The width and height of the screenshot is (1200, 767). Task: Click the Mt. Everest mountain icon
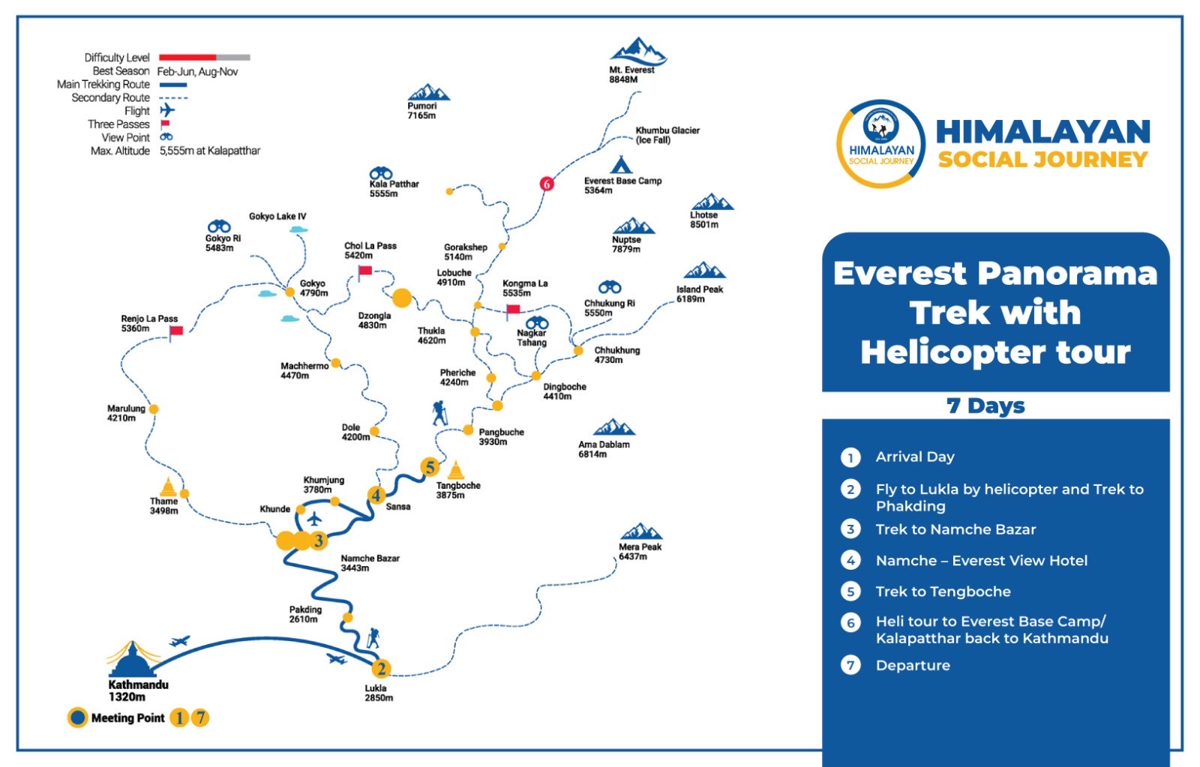(x=637, y=51)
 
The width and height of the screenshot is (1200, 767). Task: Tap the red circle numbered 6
(x=547, y=184)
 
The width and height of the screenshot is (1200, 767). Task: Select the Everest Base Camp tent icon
(x=621, y=165)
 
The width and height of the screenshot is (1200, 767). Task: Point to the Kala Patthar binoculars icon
(x=381, y=173)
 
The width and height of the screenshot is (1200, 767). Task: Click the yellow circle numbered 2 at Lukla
(x=381, y=669)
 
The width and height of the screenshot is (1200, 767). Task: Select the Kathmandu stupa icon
(x=133, y=659)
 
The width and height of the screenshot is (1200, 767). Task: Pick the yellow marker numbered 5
(x=430, y=467)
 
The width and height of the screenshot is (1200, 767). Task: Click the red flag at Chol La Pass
(x=364, y=271)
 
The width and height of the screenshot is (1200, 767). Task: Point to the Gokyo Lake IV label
(x=277, y=217)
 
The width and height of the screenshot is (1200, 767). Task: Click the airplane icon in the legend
(x=167, y=111)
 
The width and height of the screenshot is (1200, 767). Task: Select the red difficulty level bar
(x=187, y=57)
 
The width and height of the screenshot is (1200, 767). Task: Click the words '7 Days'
(x=985, y=406)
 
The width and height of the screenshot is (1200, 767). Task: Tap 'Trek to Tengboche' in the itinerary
(x=943, y=592)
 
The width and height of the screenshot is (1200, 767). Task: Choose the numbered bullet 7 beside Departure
(x=850, y=665)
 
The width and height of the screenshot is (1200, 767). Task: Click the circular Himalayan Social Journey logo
(x=881, y=143)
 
